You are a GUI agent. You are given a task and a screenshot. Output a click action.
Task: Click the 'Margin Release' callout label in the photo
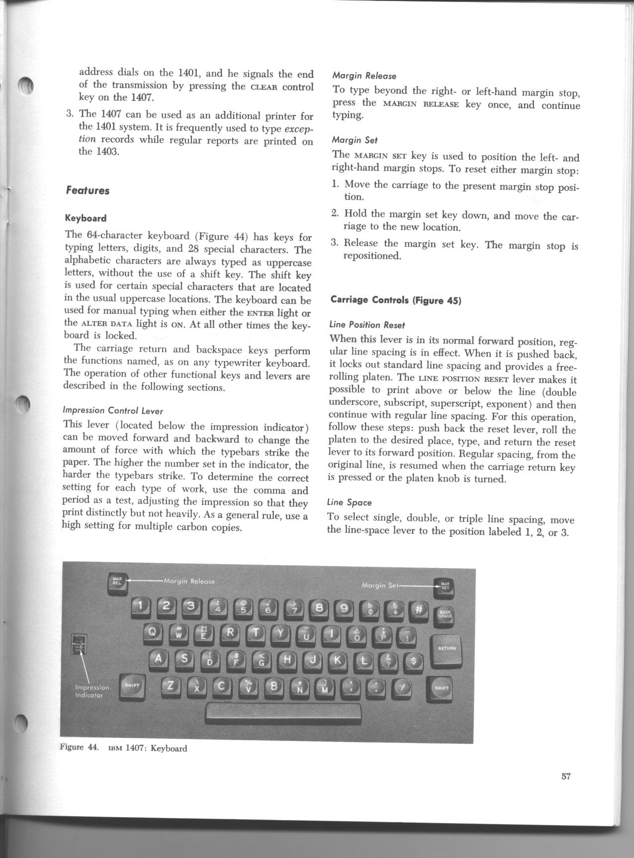tap(189, 581)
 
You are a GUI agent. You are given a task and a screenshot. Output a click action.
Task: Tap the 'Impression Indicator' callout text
tap(91, 691)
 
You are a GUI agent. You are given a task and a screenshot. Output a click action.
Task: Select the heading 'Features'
tap(88, 191)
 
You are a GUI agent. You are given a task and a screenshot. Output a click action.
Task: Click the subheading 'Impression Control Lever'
tap(113, 411)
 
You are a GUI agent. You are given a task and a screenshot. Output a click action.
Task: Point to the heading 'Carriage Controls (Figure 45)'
tap(396, 300)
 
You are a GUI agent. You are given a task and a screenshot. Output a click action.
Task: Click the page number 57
tap(565, 776)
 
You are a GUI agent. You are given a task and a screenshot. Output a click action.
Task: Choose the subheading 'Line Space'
tap(349, 502)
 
